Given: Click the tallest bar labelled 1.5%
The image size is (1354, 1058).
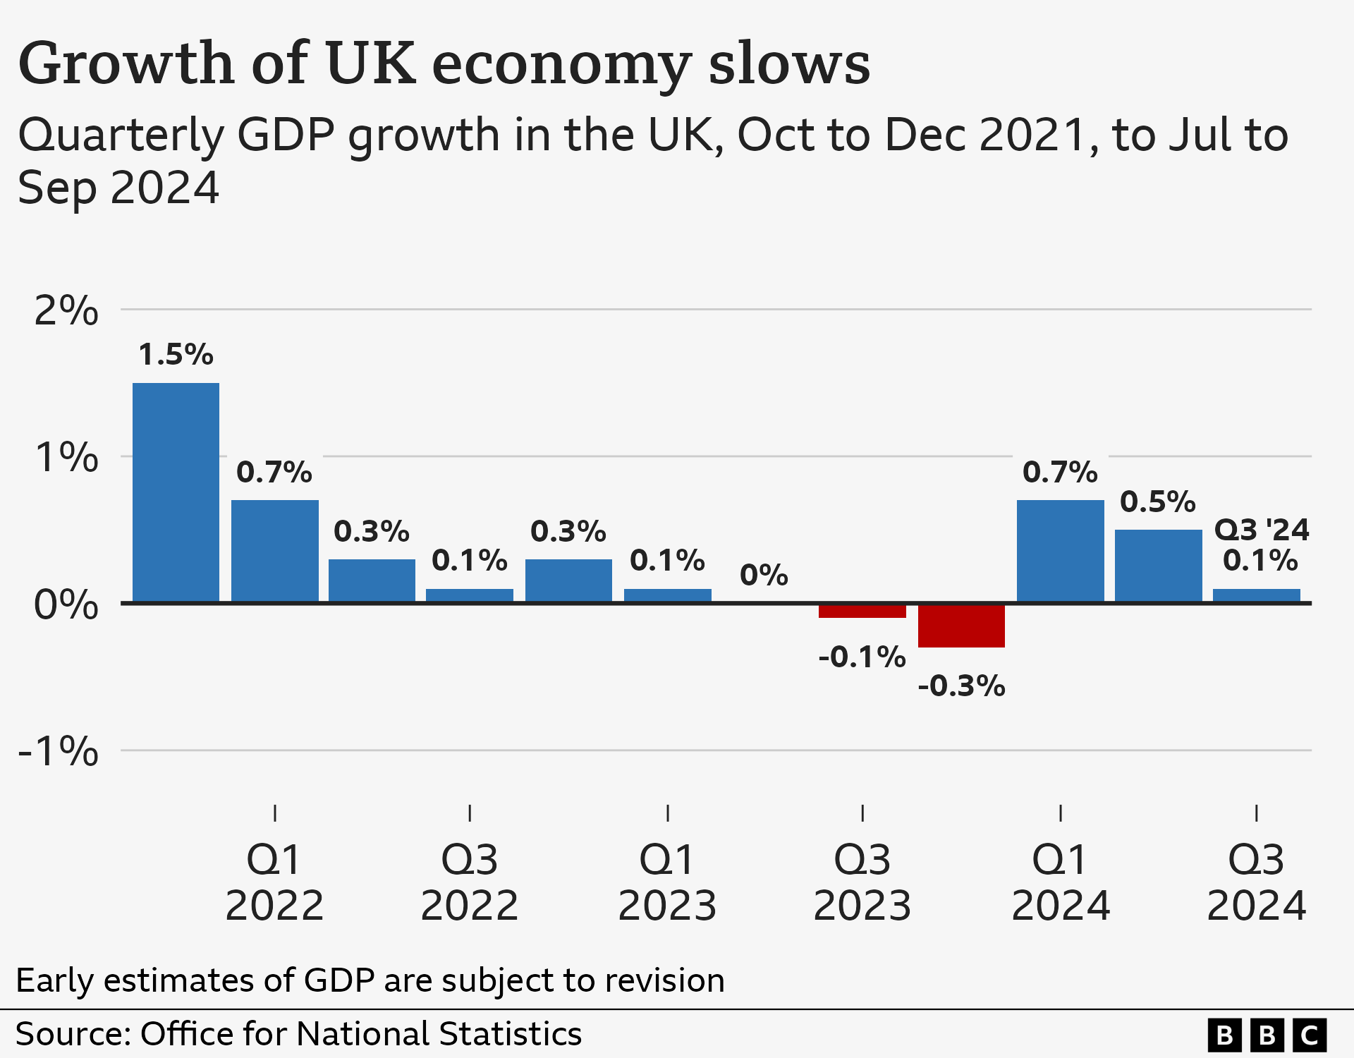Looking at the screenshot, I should point(176,492).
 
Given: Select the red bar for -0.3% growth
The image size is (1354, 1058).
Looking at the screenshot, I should point(961,626).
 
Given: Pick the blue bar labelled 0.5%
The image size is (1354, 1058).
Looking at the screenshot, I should point(1158,566).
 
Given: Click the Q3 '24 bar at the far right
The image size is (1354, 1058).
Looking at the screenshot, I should point(1256,595).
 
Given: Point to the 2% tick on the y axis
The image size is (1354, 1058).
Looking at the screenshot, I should point(66,310).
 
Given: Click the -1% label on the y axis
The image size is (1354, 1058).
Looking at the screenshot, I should point(58,750).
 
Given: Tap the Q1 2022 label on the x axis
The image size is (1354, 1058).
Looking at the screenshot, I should point(274,882).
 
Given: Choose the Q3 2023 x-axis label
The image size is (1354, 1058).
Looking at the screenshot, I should point(862,882).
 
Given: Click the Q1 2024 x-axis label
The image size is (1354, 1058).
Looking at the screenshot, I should point(1061,882).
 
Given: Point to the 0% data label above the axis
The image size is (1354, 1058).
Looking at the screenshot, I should point(764,576).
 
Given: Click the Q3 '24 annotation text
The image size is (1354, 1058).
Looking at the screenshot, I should point(1261,530).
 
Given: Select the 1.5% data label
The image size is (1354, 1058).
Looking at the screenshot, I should point(176,355).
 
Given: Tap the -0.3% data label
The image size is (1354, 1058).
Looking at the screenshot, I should point(961,686).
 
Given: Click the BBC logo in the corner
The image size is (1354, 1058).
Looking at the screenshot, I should point(1267,1035).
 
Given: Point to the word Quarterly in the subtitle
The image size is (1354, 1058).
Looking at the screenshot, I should point(121,135).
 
